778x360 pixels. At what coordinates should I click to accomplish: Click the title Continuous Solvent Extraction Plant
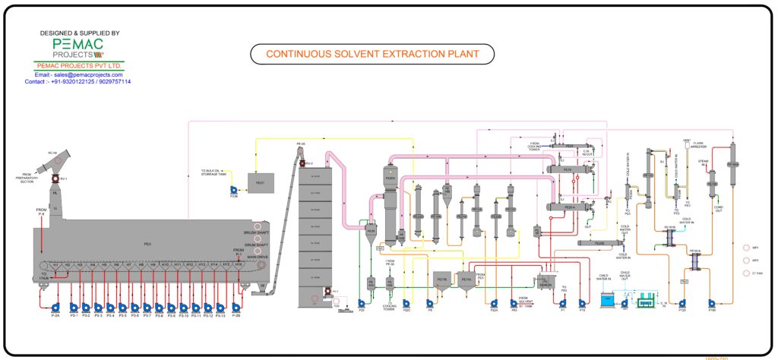[372, 54]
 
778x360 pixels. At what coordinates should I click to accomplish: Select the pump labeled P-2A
[55, 307]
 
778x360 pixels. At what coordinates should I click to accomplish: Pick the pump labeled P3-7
[147, 307]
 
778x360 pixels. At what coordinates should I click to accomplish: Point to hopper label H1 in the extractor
[55, 264]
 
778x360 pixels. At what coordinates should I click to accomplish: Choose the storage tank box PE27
[260, 183]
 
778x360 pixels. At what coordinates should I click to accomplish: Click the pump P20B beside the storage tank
[234, 190]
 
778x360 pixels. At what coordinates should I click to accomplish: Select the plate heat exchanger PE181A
[694, 258]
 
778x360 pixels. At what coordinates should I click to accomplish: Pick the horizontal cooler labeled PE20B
[598, 243]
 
